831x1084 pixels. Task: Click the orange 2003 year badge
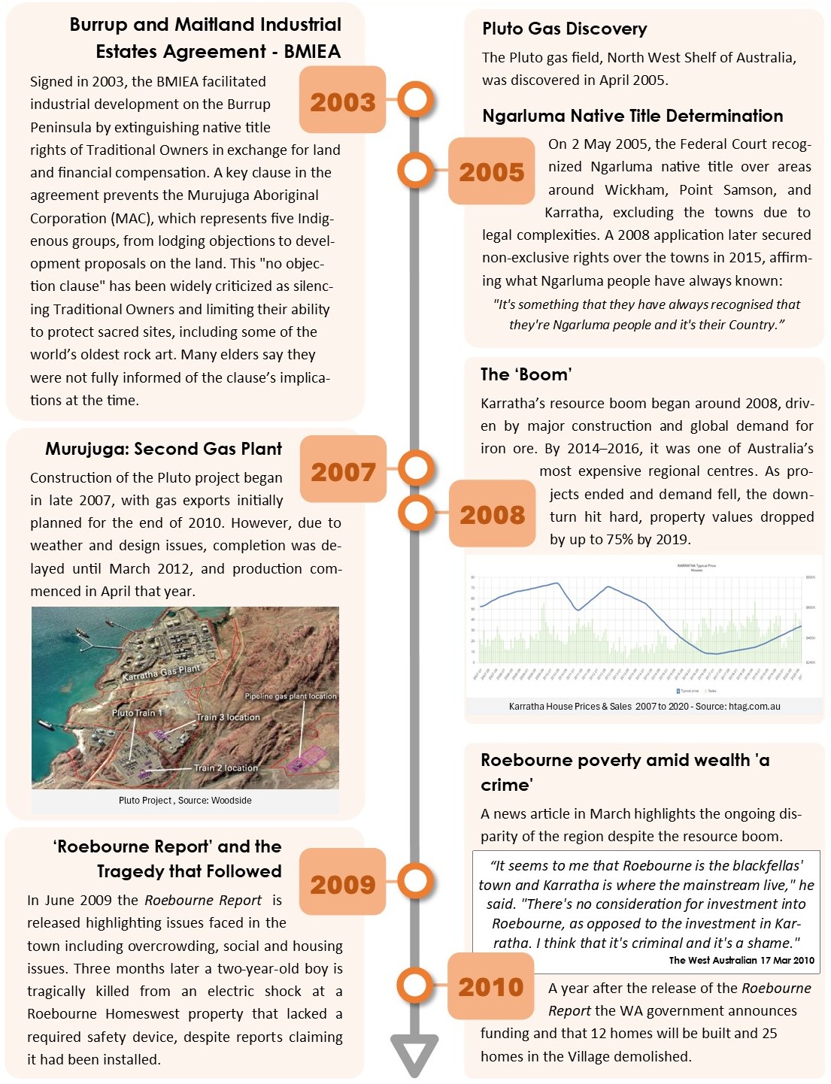(342, 101)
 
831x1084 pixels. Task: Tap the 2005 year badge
(491, 171)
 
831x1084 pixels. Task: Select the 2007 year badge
(343, 471)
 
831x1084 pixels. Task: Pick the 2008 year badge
(492, 514)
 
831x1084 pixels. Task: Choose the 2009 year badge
(342, 883)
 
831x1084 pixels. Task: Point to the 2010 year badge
(490, 986)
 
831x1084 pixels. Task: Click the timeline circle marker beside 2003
(415, 99)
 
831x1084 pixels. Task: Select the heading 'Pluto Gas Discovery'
(564, 29)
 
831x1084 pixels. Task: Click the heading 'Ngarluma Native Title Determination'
(632, 116)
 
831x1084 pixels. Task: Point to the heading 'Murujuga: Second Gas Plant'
(163, 449)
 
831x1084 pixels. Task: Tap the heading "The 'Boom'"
(526, 374)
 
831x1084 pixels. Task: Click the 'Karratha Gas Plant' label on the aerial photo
(162, 671)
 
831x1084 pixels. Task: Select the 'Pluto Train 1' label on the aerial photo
(137, 713)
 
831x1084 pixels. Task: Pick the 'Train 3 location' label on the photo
(228, 717)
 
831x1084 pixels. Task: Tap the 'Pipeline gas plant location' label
(290, 696)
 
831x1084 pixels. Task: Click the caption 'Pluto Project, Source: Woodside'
(185, 801)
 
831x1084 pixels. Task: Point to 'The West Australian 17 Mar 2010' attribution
(742, 960)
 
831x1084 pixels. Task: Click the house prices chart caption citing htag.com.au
(644, 707)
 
